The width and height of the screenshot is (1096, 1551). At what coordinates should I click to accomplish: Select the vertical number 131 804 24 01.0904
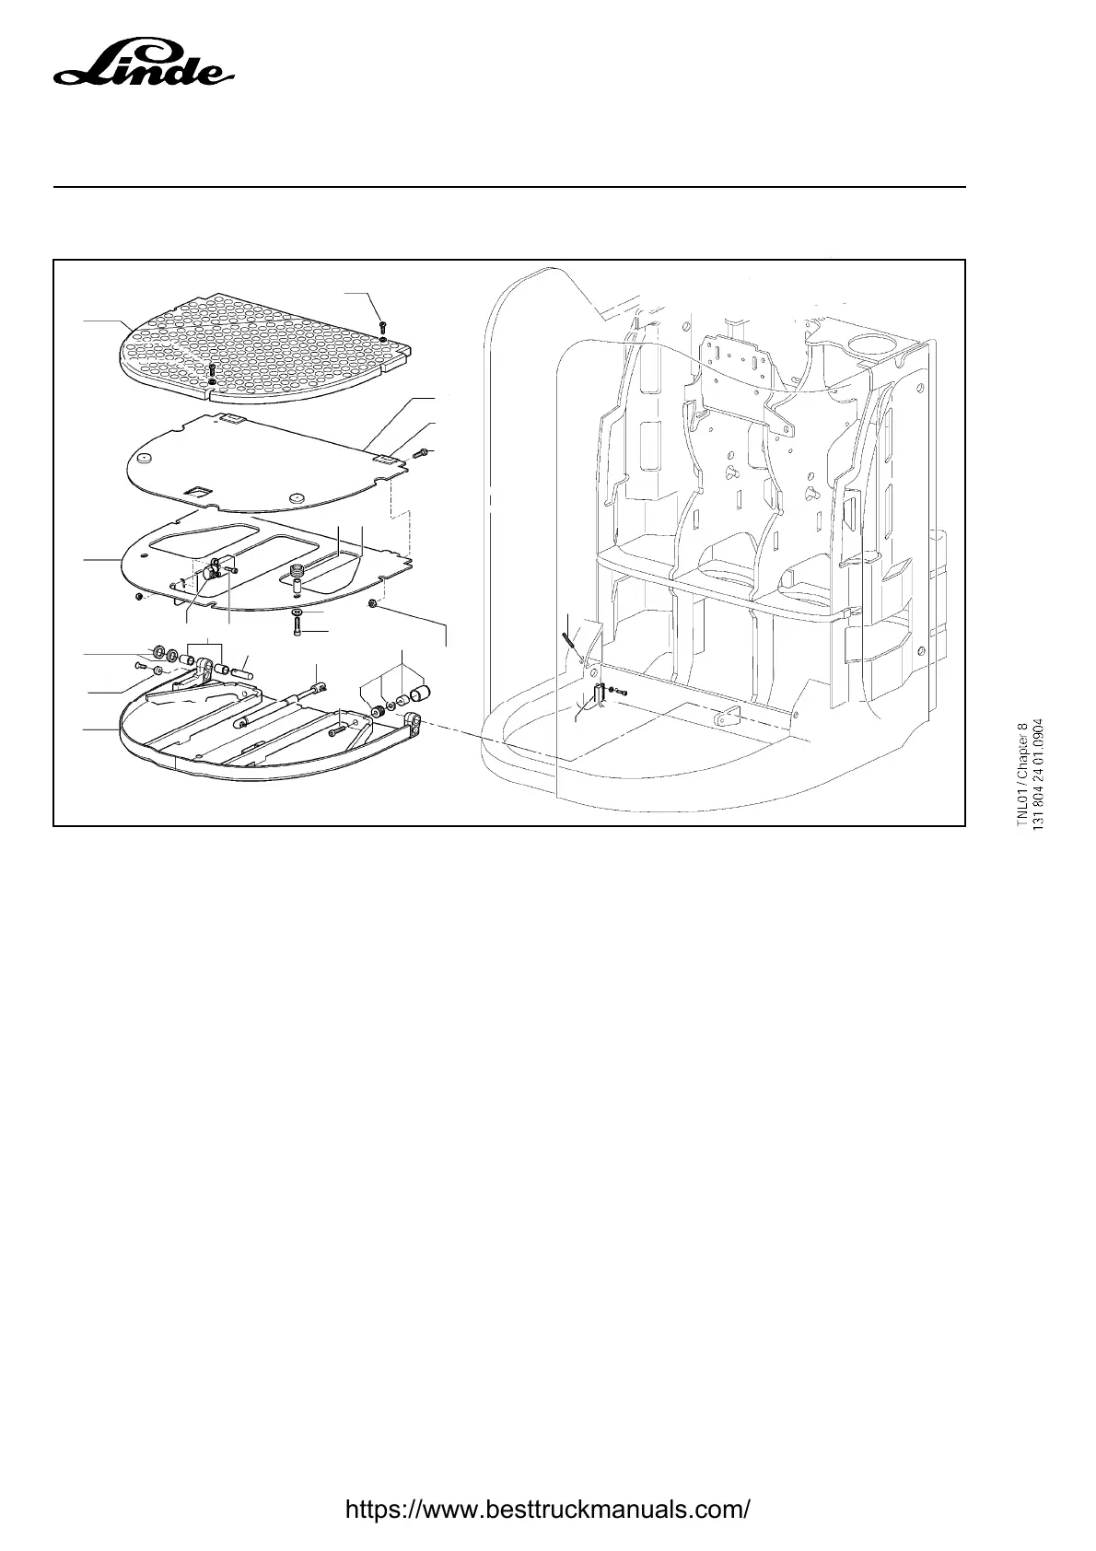pyautogui.click(x=1038, y=771)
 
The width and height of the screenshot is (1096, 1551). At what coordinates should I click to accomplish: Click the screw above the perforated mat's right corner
pyautogui.click(x=383, y=328)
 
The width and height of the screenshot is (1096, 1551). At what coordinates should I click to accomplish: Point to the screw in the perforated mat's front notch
pyautogui.click(x=213, y=372)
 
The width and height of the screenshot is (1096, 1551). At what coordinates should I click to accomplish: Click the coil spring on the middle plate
pyautogui.click(x=297, y=573)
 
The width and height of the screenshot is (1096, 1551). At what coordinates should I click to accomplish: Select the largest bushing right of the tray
pyautogui.click(x=421, y=695)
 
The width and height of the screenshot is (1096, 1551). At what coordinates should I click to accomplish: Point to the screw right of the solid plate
pyautogui.click(x=423, y=451)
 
